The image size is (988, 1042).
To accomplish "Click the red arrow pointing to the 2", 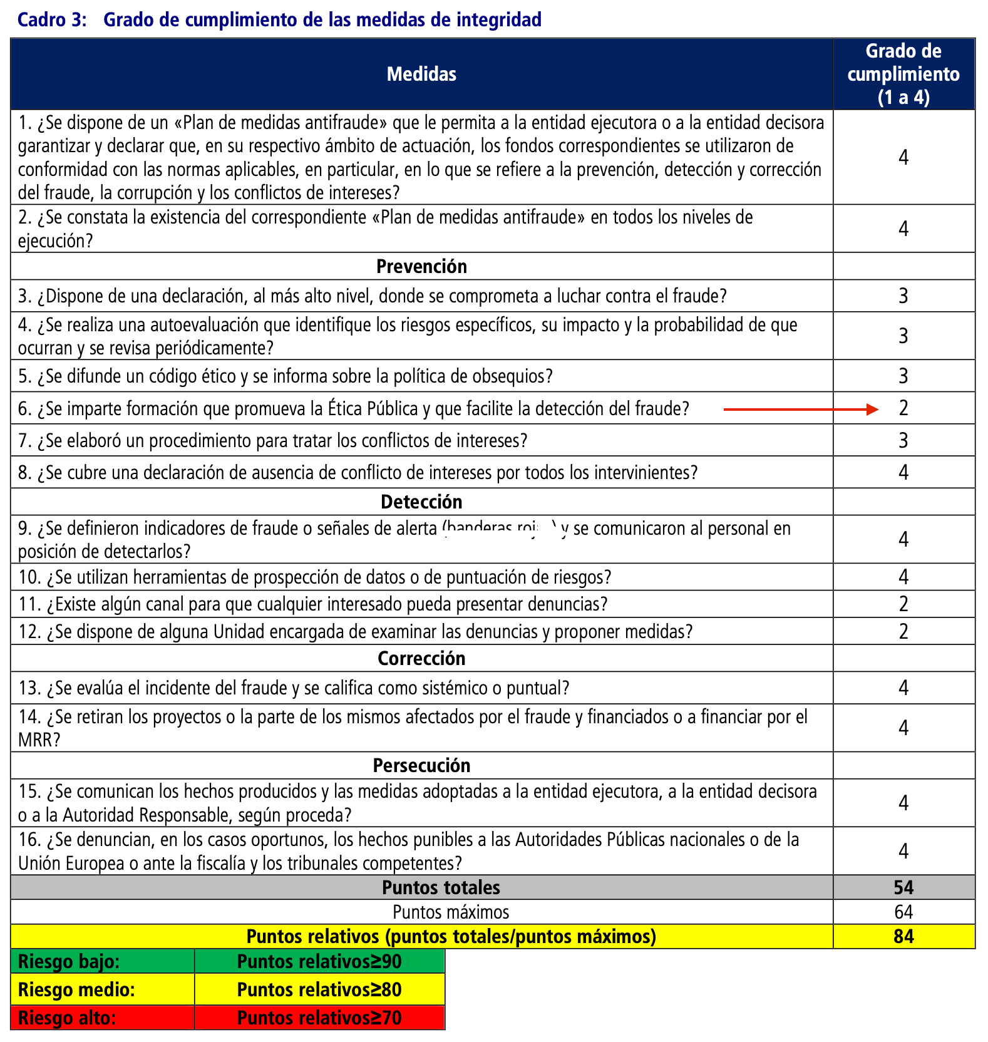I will (x=801, y=410).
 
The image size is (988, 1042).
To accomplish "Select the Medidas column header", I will (x=421, y=74).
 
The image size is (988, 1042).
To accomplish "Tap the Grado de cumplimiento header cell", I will (x=903, y=74).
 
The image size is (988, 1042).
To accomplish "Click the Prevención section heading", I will (x=421, y=267).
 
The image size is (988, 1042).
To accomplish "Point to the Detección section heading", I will (x=421, y=502).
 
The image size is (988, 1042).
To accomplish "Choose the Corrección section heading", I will (x=421, y=659).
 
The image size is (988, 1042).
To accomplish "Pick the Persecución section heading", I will (x=421, y=766).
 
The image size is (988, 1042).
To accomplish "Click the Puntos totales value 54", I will (x=903, y=887).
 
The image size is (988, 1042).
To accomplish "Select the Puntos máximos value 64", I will (x=903, y=912).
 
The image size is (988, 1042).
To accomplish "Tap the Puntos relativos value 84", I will (x=903, y=936).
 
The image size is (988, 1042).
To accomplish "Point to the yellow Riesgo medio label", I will (x=76, y=990).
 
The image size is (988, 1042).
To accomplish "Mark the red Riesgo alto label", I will (x=67, y=1018).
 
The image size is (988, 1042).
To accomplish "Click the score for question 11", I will (x=903, y=604).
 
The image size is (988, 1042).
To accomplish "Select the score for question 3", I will (x=903, y=296).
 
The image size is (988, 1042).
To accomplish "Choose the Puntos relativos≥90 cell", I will (x=319, y=962).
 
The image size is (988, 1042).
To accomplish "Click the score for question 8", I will (x=903, y=472).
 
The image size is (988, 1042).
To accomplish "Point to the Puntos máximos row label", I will (x=451, y=912).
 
